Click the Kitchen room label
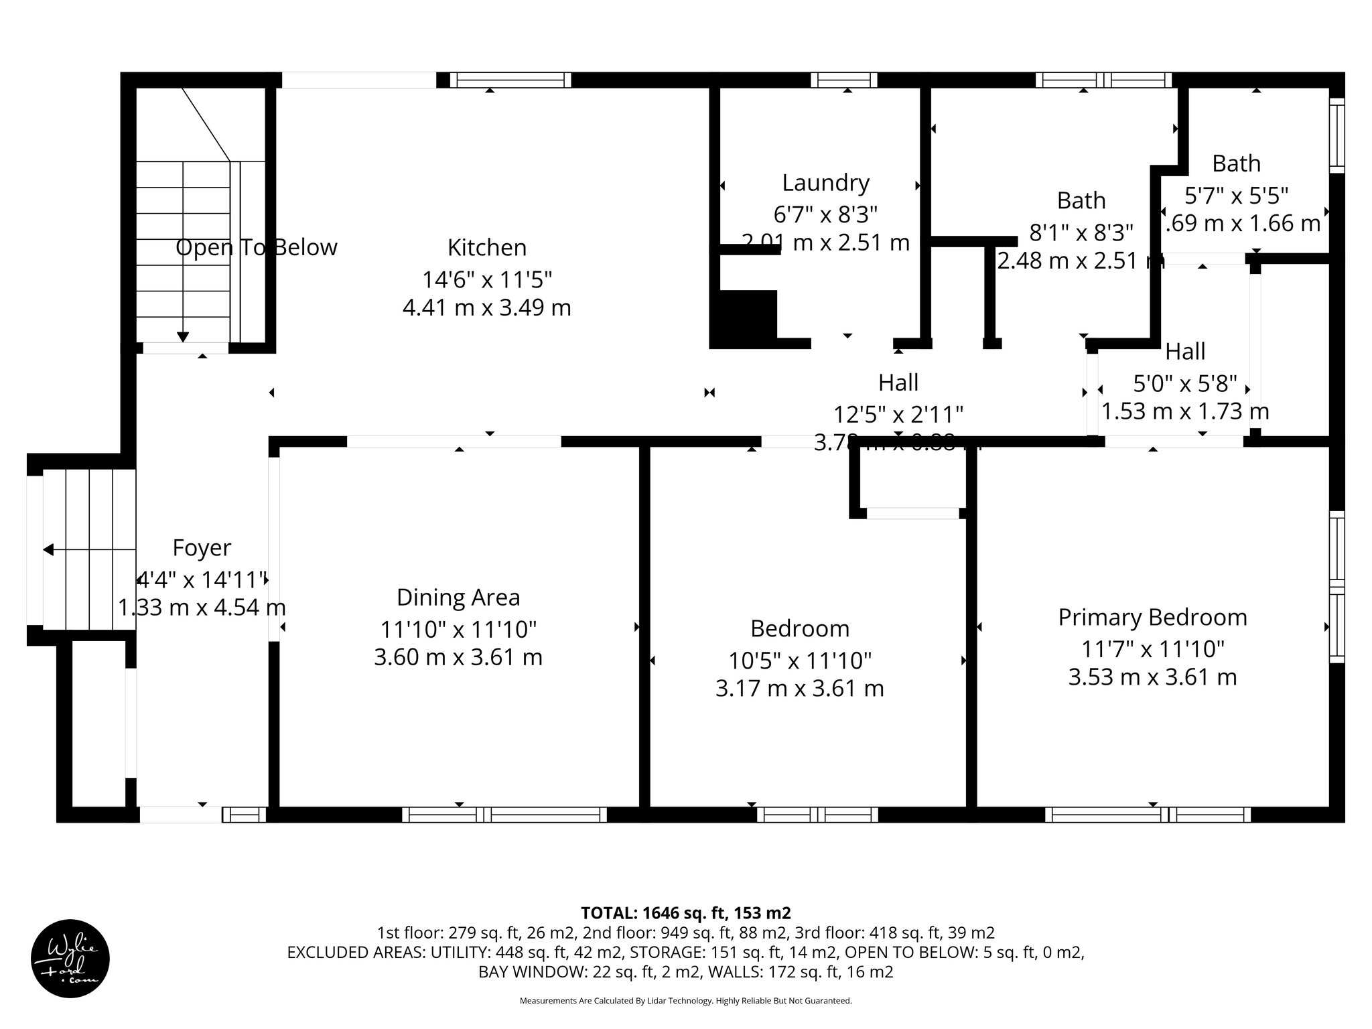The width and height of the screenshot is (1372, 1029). (487, 247)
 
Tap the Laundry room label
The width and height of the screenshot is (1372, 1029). (825, 182)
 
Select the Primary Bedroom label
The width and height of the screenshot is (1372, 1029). (1152, 617)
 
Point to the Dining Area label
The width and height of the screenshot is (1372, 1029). (458, 597)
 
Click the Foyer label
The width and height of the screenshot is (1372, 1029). (202, 547)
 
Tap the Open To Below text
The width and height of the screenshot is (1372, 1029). (256, 247)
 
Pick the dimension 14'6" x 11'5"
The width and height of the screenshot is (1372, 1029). (487, 279)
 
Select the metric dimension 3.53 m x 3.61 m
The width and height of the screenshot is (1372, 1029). (1152, 677)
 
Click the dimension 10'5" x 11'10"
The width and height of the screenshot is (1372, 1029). (800, 661)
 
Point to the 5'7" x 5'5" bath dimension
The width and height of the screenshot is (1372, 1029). (1237, 195)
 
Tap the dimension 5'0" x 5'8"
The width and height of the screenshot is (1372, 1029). (1184, 383)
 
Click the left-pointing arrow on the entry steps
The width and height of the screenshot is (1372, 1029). (48, 550)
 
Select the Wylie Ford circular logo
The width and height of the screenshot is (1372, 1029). (70, 959)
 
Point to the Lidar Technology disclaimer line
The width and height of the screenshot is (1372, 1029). (685, 1001)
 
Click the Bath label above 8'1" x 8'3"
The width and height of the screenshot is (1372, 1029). (1081, 200)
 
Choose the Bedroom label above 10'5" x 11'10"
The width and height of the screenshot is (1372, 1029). (800, 628)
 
